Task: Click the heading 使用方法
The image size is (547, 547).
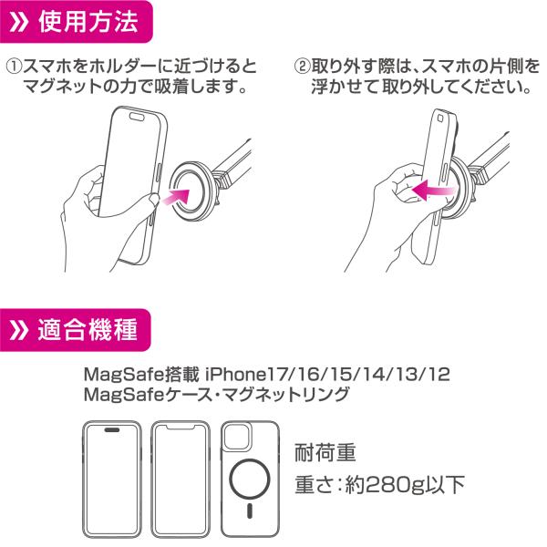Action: [88, 22]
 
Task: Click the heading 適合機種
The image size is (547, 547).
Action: [88, 330]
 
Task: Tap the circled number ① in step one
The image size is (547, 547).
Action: [15, 67]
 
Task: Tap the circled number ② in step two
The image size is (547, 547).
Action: [302, 67]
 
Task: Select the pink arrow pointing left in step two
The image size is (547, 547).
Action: [433, 191]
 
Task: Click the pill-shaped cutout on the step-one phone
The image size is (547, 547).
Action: [137, 116]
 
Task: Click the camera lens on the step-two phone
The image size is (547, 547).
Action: [440, 119]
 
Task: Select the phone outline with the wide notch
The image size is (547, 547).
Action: [181, 480]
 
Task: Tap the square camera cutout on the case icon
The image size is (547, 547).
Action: [238, 437]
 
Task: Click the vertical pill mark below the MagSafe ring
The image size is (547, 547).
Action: [250, 511]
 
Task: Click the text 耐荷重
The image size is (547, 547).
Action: [325, 452]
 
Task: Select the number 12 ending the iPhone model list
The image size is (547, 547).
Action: [439, 375]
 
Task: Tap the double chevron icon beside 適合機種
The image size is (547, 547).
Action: [18, 330]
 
